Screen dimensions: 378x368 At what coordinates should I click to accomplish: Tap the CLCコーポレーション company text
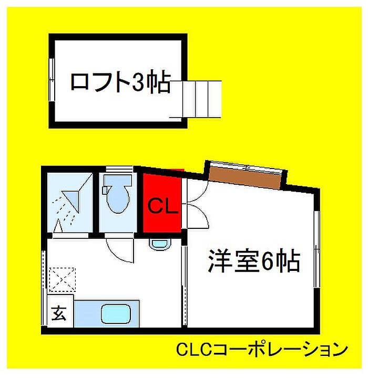[x=262, y=349]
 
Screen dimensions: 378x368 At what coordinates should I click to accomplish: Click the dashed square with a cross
[x=63, y=278]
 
